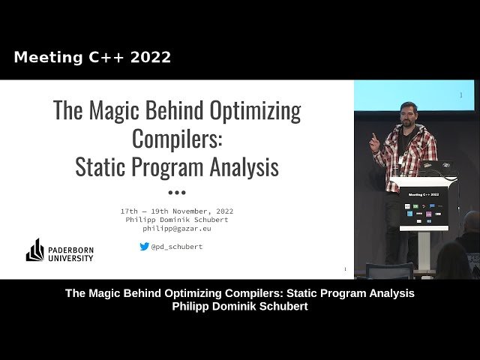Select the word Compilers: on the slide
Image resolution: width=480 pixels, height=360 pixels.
(177, 139)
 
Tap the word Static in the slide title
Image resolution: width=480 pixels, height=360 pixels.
(100, 166)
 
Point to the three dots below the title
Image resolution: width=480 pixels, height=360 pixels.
(177, 192)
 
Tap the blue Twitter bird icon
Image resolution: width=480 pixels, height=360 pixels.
(144, 246)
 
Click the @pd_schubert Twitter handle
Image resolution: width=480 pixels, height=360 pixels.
(176, 246)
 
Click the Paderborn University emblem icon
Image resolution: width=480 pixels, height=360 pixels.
(34, 250)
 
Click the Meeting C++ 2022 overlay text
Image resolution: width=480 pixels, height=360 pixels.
(92, 57)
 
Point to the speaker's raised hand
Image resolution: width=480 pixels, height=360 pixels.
(374, 139)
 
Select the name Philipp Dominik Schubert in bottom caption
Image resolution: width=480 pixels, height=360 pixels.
(240, 307)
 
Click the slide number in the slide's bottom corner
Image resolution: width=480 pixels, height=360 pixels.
(344, 268)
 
